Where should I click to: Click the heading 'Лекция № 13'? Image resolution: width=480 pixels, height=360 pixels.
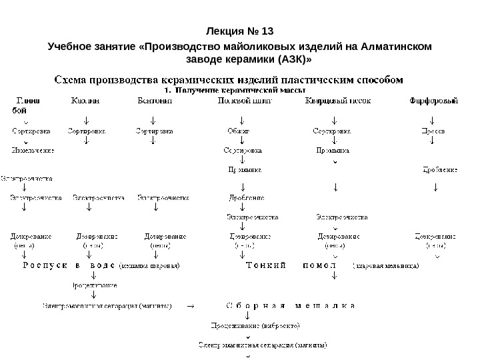(240, 31)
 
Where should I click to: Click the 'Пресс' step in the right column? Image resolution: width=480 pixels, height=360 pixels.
(434, 131)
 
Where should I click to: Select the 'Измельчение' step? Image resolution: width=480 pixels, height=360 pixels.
(33, 151)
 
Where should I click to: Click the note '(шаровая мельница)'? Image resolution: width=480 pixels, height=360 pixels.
(386, 266)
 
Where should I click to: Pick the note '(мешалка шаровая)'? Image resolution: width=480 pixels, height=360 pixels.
(149, 266)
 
